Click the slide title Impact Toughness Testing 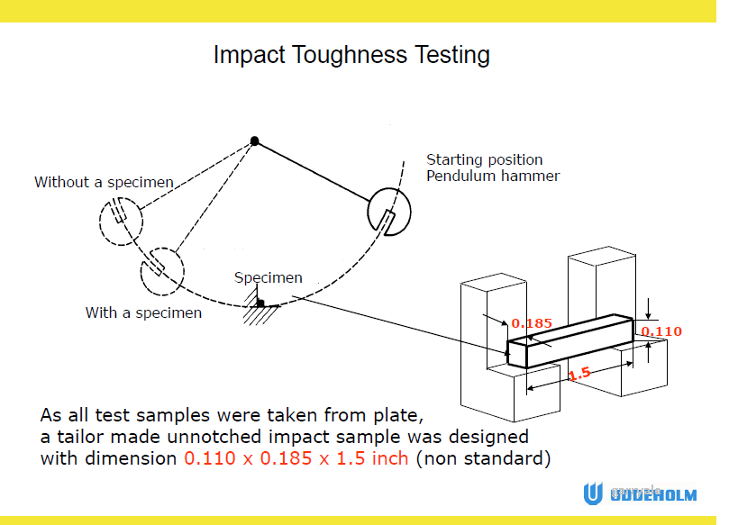tap(351, 55)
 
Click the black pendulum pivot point tap(255, 141)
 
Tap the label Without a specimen tap(104, 183)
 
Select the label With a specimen tap(143, 312)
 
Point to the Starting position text tap(484, 160)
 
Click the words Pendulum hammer tap(493, 176)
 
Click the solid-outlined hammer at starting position tap(389, 212)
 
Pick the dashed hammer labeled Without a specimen tap(121, 222)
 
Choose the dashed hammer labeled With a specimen tap(162, 271)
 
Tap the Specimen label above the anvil tap(269, 277)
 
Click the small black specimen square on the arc tap(260, 303)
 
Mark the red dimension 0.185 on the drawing tap(532, 323)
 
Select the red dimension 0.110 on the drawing tap(661, 331)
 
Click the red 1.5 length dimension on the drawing tap(579, 374)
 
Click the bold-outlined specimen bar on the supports tap(570, 341)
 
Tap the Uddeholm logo tap(640, 494)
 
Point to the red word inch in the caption tap(389, 458)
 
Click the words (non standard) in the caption tap(483, 458)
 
